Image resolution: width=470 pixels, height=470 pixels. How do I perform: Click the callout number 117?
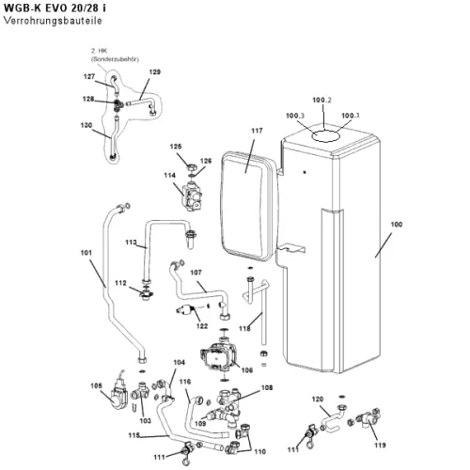[257, 131]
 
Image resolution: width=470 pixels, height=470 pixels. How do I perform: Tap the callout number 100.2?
[321, 100]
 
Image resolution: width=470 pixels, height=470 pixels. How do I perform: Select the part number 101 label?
[86, 253]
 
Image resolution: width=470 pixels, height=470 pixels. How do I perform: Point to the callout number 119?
[380, 445]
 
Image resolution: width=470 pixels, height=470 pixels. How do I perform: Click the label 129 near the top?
[154, 71]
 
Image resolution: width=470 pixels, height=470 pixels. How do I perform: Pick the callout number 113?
[131, 243]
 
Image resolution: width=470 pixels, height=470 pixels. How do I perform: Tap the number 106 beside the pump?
[247, 370]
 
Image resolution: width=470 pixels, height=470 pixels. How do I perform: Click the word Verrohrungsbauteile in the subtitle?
[53, 21]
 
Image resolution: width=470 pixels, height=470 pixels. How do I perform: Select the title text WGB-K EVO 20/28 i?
[55, 8]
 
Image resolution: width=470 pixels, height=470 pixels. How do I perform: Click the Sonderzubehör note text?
[115, 59]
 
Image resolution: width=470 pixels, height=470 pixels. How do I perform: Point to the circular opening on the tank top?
[326, 136]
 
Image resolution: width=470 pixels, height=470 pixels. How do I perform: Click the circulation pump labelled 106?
[218, 356]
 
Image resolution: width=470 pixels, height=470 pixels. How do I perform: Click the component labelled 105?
[118, 396]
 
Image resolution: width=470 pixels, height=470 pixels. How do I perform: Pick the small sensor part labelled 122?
[185, 309]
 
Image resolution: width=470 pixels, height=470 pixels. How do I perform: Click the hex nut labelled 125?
[192, 166]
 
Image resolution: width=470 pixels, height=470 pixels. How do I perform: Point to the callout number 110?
[259, 451]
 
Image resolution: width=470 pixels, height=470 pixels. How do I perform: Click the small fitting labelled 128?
[118, 105]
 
